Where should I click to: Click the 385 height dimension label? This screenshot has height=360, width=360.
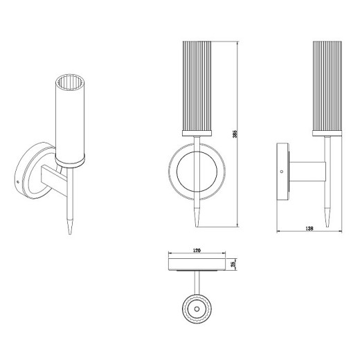point(235,134)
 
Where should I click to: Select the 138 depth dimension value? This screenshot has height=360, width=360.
point(309,228)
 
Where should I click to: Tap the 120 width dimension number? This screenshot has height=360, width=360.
point(197,251)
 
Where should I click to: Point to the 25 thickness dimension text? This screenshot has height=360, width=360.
point(233,264)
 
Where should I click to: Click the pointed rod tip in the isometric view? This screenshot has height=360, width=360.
point(70,233)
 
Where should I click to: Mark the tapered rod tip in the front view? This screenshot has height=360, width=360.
point(197,226)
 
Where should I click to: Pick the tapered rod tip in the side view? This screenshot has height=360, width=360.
point(327,226)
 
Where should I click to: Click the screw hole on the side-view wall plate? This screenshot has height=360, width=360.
point(281,172)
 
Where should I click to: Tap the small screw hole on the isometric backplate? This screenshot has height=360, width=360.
point(18,182)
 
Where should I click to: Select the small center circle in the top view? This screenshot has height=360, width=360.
point(197,309)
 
